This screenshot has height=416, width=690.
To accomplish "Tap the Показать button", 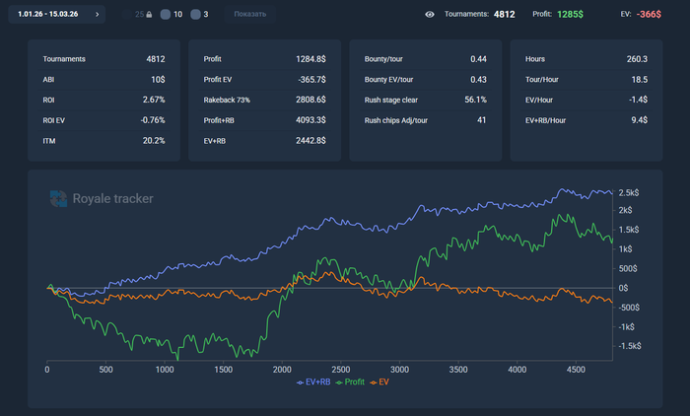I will [250, 15].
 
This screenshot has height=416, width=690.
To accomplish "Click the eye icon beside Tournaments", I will [430, 15].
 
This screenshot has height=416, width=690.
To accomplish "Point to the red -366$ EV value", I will [649, 15].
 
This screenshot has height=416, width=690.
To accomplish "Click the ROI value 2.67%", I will [153, 100].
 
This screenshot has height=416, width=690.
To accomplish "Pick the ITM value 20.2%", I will [153, 141].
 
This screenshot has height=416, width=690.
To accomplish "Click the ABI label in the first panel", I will [49, 79].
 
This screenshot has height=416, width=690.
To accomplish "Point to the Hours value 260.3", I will [636, 59].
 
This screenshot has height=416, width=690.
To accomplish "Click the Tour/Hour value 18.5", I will [639, 79].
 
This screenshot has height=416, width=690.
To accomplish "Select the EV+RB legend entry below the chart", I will [314, 381].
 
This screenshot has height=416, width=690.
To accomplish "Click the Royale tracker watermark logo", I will [102, 199].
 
